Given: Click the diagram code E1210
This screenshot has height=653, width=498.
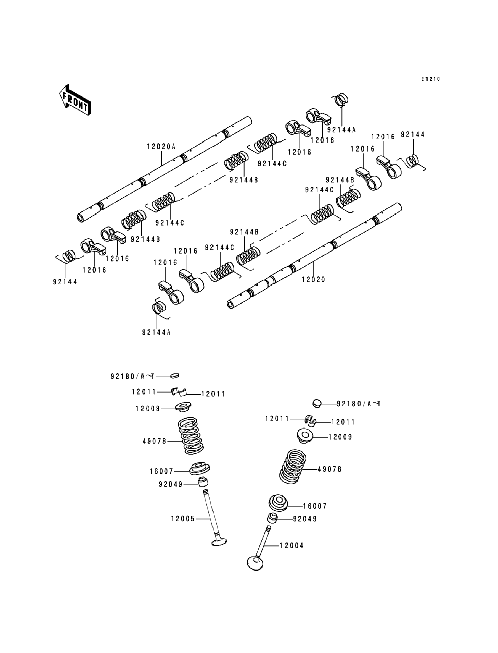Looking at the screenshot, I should (x=431, y=79).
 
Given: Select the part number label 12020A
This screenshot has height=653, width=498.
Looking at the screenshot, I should (x=161, y=147).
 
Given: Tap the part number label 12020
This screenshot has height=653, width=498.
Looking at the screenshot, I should (x=314, y=280).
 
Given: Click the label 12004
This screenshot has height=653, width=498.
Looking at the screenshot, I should (x=292, y=545).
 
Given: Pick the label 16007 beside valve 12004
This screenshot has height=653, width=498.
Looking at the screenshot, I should (x=315, y=506).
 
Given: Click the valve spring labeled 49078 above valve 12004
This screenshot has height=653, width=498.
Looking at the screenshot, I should (x=293, y=467).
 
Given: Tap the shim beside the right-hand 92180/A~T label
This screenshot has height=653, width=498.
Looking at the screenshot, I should (x=317, y=404).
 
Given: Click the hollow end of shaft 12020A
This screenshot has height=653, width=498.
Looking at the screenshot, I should (x=81, y=218).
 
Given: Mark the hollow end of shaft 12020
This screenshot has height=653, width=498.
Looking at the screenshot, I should (x=230, y=305).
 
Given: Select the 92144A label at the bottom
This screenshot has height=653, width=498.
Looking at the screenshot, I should (x=157, y=332).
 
